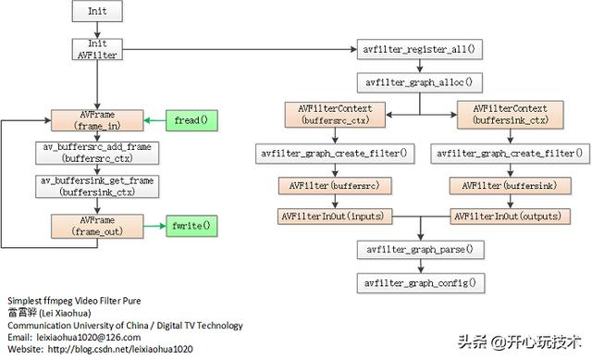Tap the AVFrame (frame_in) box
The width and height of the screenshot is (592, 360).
click(96, 119)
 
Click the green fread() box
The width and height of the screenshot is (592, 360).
click(189, 119)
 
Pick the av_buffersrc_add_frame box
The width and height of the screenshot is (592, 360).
click(96, 154)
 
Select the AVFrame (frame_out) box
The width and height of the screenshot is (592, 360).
click(96, 225)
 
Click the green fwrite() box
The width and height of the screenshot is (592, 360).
click(191, 225)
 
